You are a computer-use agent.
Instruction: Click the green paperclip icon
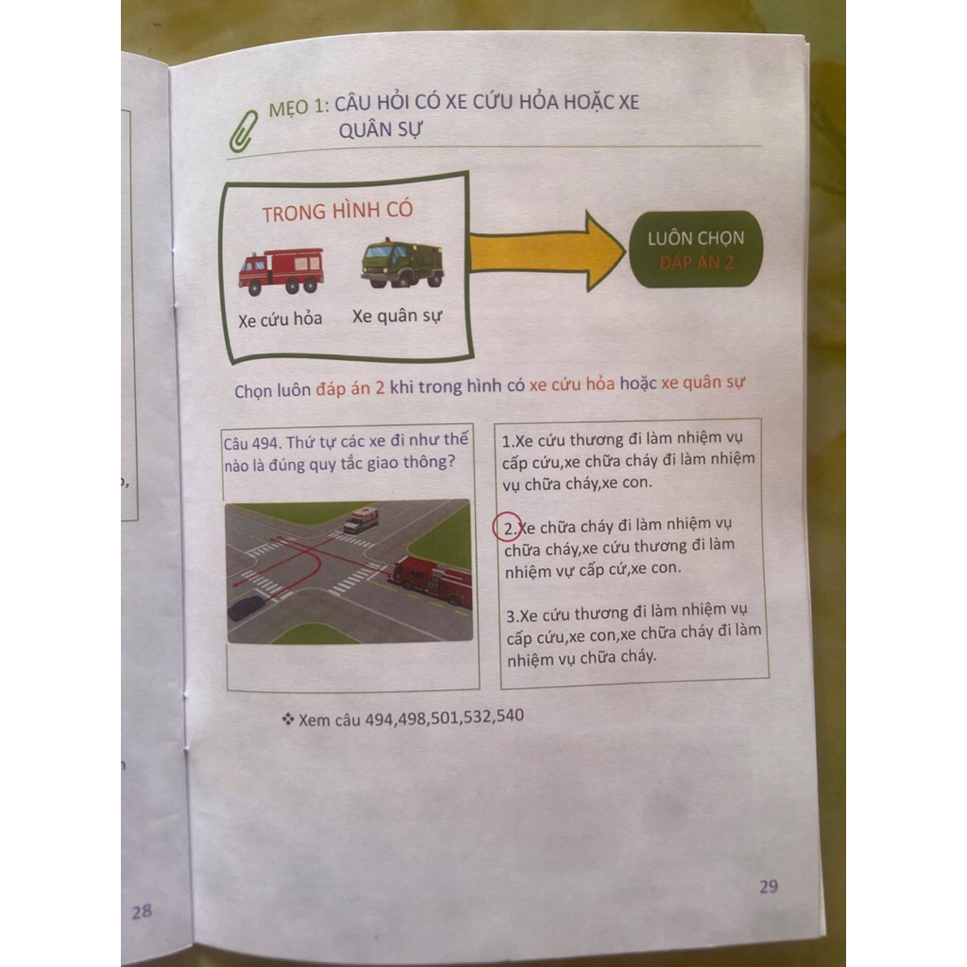[x=243, y=131]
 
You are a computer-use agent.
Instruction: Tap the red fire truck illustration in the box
[x=281, y=271]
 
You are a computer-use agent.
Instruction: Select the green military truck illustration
[x=402, y=263]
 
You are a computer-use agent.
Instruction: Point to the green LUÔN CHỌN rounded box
[x=696, y=249]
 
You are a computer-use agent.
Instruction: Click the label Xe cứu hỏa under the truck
[x=280, y=319]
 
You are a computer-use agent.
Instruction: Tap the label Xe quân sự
[x=398, y=316]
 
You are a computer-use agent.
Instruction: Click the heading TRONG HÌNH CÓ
[x=337, y=212]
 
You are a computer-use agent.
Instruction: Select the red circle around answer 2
[x=507, y=528]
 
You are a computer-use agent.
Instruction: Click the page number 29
[x=769, y=886]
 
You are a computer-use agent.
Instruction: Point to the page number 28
[x=142, y=911]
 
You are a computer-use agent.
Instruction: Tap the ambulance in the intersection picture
[x=361, y=519]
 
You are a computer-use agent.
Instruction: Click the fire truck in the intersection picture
[x=433, y=580]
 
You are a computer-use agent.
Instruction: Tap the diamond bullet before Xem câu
[x=287, y=719]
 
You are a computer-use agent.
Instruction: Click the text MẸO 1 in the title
[x=298, y=108]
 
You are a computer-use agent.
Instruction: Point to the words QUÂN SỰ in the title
[x=381, y=130]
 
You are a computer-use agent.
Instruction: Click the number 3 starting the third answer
[x=511, y=616]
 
